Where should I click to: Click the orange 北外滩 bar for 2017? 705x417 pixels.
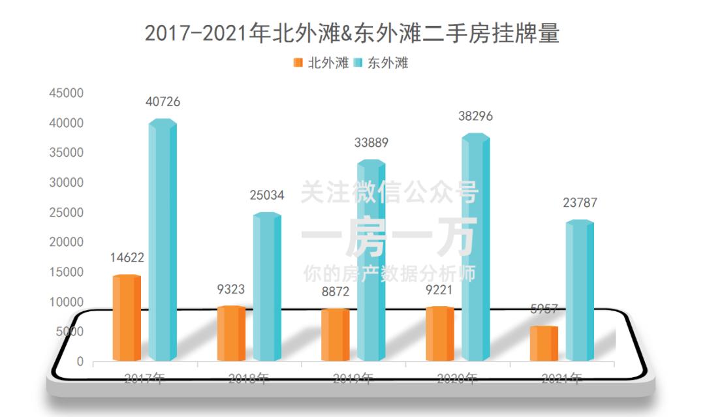(127, 318)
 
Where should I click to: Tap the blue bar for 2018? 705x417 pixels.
(266, 287)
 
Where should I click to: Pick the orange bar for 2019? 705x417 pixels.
(336, 335)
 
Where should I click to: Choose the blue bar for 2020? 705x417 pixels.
(475, 248)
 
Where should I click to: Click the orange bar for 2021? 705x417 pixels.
(544, 343)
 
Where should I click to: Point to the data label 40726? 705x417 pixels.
(163, 102)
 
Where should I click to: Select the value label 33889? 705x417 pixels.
(371, 143)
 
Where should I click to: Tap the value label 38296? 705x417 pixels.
(475, 116)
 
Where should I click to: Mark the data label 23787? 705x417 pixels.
(580, 203)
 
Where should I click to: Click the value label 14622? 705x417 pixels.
(127, 258)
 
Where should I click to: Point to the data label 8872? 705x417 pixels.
(336, 292)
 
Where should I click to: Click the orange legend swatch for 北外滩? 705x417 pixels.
(298, 63)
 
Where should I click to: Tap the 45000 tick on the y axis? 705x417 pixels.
(66, 93)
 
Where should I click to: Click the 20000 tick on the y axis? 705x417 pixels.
(66, 242)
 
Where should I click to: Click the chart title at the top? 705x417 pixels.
(352, 33)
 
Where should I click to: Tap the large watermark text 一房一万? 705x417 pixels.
(389, 236)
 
